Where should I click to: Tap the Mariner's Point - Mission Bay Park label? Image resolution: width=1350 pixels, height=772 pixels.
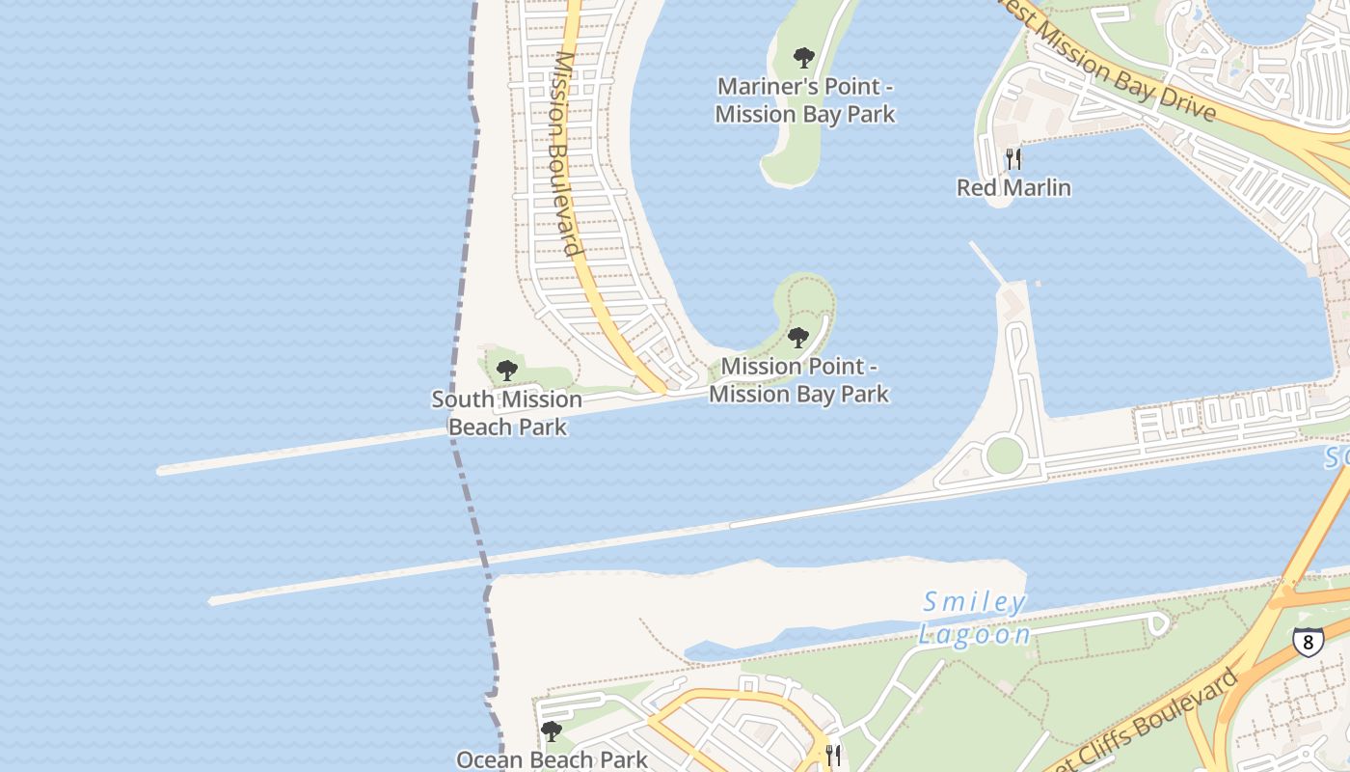804,100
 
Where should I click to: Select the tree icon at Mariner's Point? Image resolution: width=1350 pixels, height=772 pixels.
803,58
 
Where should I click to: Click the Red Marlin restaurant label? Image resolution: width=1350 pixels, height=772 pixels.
1013,187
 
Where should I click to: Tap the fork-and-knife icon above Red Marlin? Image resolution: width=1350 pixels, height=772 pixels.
1012,158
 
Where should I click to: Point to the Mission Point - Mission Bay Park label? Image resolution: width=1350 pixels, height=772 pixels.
798,380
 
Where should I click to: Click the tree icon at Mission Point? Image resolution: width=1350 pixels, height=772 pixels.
797,338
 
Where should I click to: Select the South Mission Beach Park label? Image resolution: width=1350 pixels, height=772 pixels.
506,413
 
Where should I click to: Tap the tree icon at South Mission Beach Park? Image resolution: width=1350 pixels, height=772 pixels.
506,370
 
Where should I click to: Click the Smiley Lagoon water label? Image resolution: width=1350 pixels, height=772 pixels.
974,619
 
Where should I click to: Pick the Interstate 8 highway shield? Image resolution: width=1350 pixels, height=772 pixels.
1308,642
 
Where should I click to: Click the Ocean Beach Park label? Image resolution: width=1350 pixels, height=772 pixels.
552,759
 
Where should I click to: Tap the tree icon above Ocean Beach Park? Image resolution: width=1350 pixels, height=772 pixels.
551,731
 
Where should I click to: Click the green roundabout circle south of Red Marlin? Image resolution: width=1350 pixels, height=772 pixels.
1004,455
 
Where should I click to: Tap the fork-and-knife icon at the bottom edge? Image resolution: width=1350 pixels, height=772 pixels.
833,755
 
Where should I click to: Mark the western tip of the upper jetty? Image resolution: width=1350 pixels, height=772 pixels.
161,471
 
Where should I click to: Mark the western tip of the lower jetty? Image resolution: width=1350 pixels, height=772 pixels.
212,601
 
